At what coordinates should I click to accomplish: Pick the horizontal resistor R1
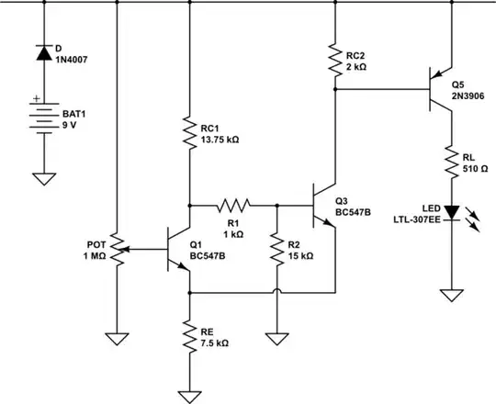(x=232, y=205)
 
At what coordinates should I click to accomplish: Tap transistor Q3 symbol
(x=324, y=205)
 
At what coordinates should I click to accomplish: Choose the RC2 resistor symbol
(x=335, y=61)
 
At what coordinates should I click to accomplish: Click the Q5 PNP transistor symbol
(x=441, y=89)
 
